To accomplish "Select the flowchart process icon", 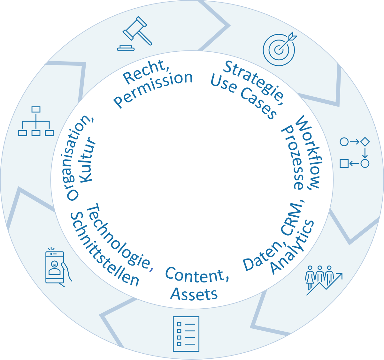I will (x=354, y=153).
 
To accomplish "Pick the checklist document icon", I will (x=186, y=334).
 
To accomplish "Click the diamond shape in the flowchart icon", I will (x=365, y=141).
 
